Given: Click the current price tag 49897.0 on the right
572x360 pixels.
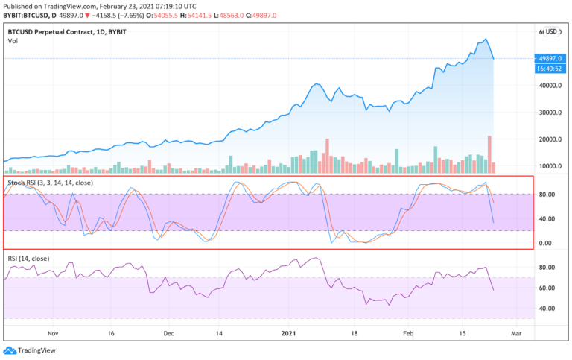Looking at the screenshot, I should (552, 59).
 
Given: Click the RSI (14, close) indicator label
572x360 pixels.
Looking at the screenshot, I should (28, 259).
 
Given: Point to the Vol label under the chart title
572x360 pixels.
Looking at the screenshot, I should (13, 41).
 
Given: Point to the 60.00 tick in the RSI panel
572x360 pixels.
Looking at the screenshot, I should (547, 288).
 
